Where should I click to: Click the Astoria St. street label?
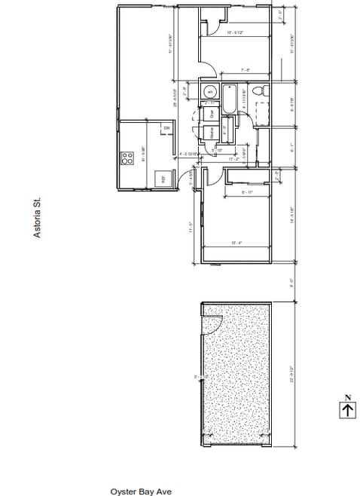pos(36,219)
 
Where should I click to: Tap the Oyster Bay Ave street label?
pos(146,490)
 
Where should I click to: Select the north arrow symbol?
pos(347,409)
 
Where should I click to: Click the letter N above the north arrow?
pos(347,396)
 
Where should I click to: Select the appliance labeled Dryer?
pos(212,115)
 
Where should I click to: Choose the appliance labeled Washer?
pos(212,133)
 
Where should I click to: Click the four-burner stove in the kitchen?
pos(124,158)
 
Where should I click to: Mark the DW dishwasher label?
pos(166,129)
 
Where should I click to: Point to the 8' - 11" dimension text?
pos(246,193)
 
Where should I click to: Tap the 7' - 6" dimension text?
pos(245,70)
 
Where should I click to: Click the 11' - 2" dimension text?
pos(233,158)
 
